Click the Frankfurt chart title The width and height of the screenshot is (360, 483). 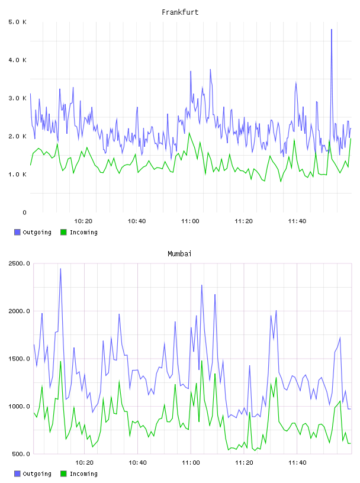[180, 12]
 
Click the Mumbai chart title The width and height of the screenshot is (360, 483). [179, 254]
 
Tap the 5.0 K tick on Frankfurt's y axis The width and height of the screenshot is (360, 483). [18, 22]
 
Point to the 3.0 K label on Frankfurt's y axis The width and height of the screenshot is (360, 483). [18, 98]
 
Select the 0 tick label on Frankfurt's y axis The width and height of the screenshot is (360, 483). [24, 212]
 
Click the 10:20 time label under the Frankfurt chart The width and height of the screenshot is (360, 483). [83, 221]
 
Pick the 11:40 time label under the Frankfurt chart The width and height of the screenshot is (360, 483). [297, 221]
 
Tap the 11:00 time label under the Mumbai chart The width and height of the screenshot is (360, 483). [191, 463]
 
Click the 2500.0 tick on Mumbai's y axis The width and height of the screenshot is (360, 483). [20, 263]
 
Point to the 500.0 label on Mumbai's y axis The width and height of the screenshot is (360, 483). [21, 454]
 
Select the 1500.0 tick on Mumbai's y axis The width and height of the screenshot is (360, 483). [20, 359]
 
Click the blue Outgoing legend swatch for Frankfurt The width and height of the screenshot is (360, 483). [17, 232]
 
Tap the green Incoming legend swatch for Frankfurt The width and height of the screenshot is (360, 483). [63, 232]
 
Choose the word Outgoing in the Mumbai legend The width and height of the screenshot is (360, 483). [37, 474]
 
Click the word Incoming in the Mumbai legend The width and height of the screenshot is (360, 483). [83, 474]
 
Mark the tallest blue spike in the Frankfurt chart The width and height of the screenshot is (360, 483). [332, 30]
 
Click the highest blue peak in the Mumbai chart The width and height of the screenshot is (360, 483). [60, 269]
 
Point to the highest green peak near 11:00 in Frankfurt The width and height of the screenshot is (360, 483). [189, 133]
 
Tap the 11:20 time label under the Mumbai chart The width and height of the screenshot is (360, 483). [244, 463]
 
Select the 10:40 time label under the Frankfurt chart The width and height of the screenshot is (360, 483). [137, 221]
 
